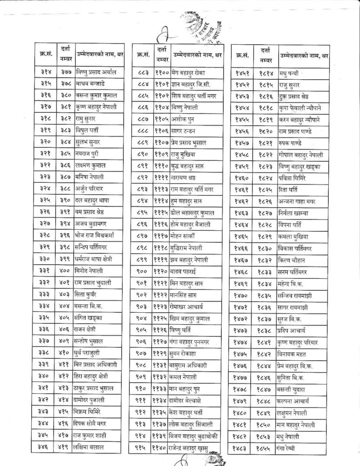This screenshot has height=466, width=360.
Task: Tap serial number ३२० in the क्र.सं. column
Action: click(45, 142)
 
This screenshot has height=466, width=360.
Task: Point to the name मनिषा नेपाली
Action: click(88, 177)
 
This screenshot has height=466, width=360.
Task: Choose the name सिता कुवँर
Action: click(87, 294)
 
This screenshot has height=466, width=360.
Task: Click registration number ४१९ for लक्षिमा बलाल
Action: click(65, 447)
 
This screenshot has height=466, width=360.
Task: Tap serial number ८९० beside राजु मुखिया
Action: click(143, 154)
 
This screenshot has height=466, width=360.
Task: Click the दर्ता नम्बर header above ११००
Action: click(163, 54)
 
